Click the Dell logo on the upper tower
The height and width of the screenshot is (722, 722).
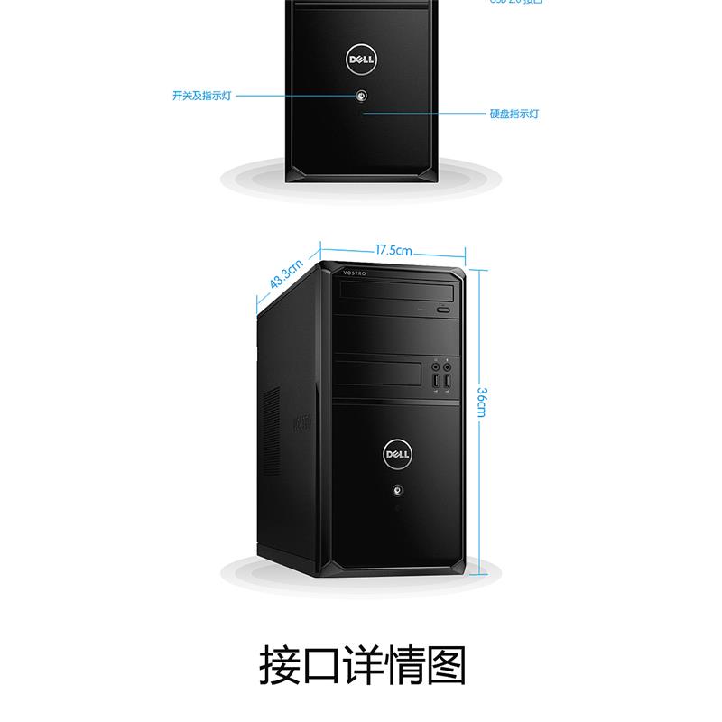360,60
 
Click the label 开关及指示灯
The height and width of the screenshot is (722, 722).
201,95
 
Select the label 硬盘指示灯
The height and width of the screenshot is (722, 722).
514,115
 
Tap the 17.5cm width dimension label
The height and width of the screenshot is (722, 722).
393,250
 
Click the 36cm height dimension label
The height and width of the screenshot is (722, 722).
482,403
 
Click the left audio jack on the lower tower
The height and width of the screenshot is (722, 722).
435,367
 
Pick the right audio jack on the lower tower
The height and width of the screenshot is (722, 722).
448,367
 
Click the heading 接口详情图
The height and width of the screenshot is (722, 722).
361,665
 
